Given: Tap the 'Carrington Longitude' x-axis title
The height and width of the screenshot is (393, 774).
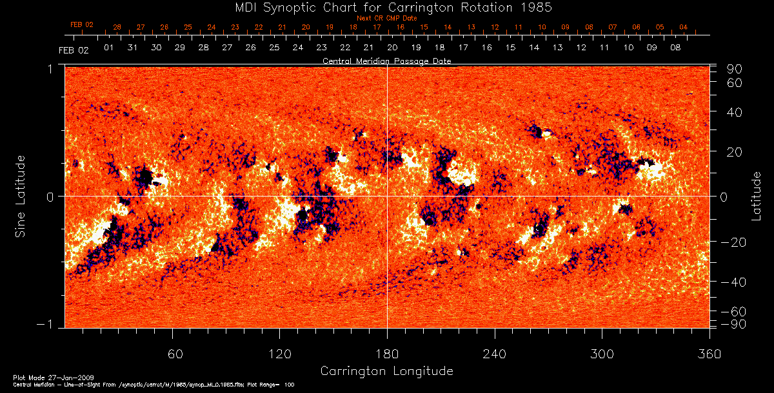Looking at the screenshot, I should [x=386, y=371].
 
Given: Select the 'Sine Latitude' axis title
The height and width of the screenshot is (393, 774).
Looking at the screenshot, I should [x=21, y=196].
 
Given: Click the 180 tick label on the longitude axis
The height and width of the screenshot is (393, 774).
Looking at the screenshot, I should [x=387, y=354].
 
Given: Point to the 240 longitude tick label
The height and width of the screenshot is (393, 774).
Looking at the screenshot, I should [x=495, y=354].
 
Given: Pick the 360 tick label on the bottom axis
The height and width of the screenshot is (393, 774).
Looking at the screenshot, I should [x=709, y=354].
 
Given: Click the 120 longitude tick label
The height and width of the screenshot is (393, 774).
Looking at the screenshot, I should [x=279, y=354].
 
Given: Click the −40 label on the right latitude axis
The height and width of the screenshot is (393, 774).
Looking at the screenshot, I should [x=735, y=282].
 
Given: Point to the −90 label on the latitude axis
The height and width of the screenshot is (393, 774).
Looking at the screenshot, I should [x=735, y=323].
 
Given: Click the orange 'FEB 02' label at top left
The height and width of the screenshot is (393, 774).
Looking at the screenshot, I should [x=82, y=24].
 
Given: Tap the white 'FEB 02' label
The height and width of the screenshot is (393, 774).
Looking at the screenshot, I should [x=73, y=50].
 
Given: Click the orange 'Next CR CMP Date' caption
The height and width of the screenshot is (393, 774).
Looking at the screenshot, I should [x=386, y=19].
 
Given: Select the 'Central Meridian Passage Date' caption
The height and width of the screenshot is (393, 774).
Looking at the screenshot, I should [x=386, y=61].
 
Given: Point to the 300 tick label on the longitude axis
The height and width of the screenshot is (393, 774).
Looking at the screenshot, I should [x=602, y=354].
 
